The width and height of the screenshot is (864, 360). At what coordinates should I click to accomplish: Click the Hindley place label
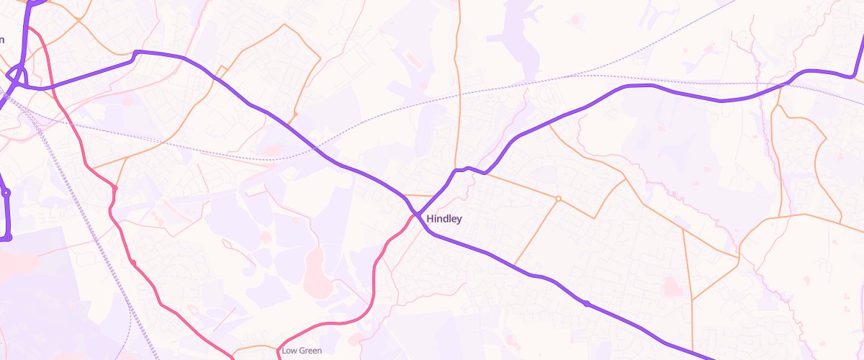[x=444, y=219]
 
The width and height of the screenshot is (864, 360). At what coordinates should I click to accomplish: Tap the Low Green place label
[x=302, y=351]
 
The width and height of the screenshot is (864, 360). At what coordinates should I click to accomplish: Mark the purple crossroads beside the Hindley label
[x=418, y=214]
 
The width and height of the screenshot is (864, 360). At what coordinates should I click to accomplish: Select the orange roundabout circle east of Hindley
[x=558, y=198]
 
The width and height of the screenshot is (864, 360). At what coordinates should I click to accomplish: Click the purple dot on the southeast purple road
[x=587, y=304]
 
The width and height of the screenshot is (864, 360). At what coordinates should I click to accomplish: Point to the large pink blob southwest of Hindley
[x=315, y=273]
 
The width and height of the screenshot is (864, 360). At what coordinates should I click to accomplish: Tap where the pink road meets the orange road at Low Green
[x=279, y=351]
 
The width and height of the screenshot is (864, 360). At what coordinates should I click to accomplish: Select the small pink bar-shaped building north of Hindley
[x=408, y=57]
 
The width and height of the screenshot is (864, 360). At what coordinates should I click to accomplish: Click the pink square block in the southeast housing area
[x=670, y=287]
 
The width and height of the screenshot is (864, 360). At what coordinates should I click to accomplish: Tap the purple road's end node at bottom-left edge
[x=9, y=237]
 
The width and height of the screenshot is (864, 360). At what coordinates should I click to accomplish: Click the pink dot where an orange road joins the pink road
[x=114, y=189]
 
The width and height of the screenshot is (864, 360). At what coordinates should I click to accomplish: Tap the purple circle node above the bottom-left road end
[x=6, y=193]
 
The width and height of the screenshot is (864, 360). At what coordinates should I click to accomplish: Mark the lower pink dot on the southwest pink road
[x=132, y=262]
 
